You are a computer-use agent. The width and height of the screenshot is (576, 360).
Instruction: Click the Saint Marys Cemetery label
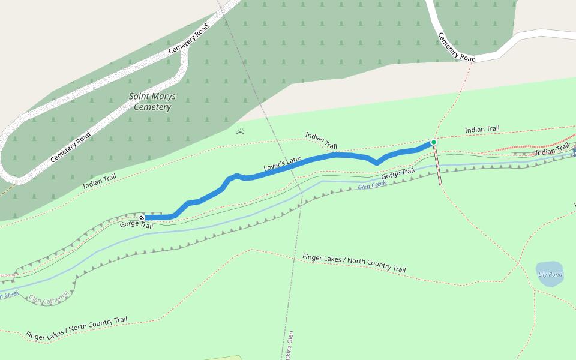click(150, 101)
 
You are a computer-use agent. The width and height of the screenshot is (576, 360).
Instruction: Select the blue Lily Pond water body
click(549, 273)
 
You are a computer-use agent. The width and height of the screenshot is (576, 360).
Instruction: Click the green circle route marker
click(433, 142)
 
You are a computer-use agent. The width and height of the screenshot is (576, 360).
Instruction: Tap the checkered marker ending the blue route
click(142, 217)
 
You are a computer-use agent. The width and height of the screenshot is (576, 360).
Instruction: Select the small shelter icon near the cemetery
click(240, 133)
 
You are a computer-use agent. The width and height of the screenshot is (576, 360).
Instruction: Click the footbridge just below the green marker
click(437, 165)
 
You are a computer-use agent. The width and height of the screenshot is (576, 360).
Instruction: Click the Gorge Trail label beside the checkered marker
click(136, 225)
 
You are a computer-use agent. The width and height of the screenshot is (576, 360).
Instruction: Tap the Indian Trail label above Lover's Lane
click(321, 140)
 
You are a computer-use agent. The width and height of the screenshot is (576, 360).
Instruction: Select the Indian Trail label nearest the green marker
click(482, 130)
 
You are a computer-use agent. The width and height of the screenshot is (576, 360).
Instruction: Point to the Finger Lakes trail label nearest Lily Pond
click(354, 263)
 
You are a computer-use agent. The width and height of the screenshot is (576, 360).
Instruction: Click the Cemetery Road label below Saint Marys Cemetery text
click(70, 147)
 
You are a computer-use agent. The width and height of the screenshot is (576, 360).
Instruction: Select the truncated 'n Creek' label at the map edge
click(9, 295)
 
